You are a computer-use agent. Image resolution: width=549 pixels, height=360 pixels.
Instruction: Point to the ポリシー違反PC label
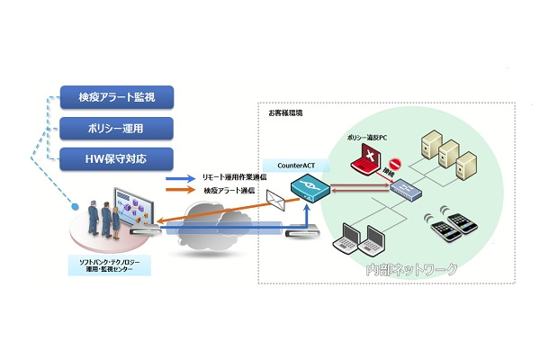tap(366, 139)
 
